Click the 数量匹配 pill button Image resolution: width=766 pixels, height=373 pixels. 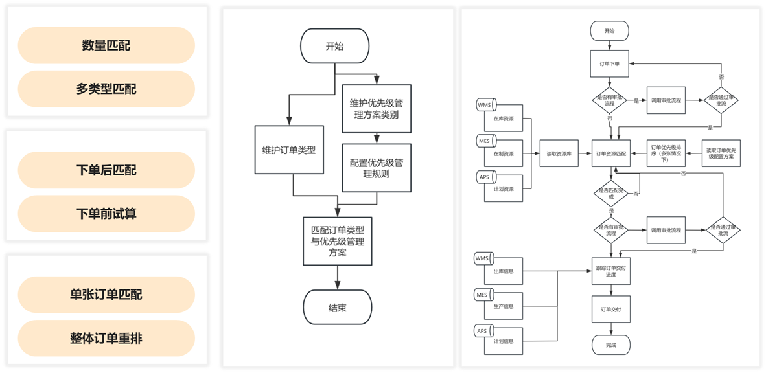click(106, 45)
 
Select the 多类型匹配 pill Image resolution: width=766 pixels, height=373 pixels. click(106, 89)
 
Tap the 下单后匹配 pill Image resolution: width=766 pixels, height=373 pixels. click(106, 170)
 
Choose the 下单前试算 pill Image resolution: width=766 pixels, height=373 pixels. click(106, 213)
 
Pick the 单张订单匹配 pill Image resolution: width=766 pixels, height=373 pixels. click(106, 295)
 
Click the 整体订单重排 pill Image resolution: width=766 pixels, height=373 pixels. click(106, 338)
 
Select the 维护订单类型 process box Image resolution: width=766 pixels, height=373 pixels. click(289, 150)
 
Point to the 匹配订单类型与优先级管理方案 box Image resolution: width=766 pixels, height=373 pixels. click(338, 241)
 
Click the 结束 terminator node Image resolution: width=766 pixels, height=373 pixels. click(338, 308)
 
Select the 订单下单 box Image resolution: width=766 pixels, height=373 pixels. click(610, 64)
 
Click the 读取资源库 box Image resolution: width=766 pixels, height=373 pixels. click(558, 153)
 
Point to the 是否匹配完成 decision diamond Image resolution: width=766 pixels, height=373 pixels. click(610, 192)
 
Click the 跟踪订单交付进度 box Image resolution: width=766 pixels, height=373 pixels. click(610, 271)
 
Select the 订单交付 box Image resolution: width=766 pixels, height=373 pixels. click(610, 310)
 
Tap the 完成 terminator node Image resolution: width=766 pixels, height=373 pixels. click(610, 345)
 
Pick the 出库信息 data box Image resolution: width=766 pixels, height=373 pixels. click(504, 271)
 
